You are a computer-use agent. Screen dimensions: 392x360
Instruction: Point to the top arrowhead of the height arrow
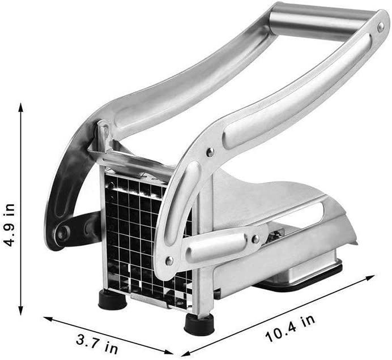[x=21, y=108]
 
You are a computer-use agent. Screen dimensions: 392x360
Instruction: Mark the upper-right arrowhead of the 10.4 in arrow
[x=370, y=277]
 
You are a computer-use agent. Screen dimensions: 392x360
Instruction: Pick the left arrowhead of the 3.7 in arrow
[x=48, y=319]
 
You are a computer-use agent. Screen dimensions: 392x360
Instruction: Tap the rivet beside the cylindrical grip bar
[x=381, y=27]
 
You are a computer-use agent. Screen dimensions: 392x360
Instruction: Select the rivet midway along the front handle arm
[x=210, y=152]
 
